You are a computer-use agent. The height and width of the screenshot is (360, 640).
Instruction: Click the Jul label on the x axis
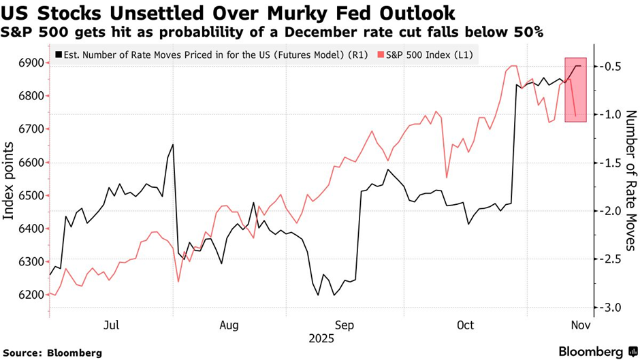click(x=112, y=326)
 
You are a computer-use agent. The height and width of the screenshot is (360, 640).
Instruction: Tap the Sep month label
click(x=345, y=326)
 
